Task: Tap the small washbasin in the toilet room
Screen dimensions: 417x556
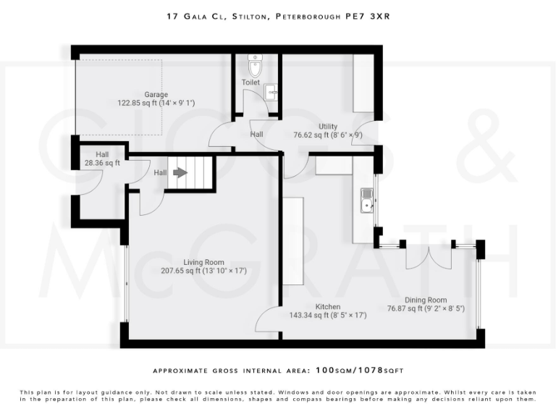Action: (271, 92)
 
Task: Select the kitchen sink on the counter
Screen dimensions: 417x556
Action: (367, 200)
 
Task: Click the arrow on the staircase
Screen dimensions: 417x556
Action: (179, 173)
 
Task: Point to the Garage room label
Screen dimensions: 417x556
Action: (156, 95)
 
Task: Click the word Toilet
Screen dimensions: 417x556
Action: (250, 83)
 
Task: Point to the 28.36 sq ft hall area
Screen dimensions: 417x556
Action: (102, 163)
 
